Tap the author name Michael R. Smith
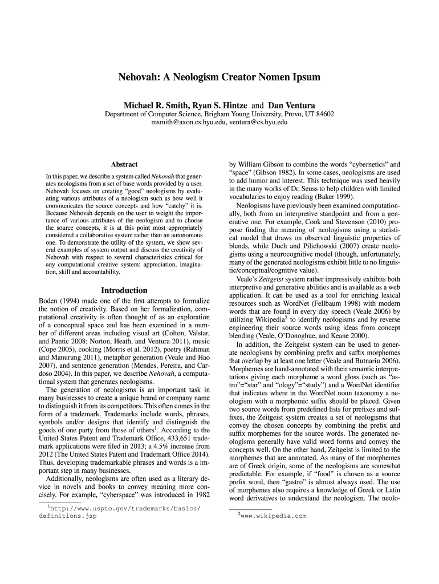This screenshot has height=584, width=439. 156,106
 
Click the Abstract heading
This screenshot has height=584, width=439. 124,164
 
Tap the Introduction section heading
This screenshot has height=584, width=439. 124,290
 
